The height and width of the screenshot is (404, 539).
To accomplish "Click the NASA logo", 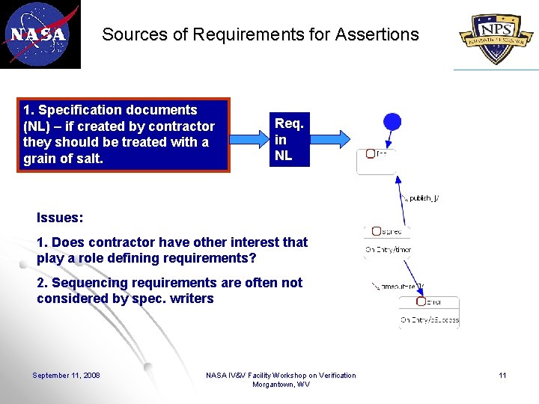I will point(39,34).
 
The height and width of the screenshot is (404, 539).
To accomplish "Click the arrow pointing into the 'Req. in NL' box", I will point(249,138).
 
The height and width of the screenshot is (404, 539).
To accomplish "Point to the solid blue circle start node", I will point(392,121).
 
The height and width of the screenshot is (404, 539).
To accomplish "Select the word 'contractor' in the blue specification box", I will point(181,126).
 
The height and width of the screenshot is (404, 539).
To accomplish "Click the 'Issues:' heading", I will point(60,218).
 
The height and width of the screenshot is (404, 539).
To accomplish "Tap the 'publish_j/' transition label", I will point(421,198).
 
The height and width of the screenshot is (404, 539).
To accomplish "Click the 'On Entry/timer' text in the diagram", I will point(388,250).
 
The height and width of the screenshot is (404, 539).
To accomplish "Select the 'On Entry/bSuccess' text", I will point(429,320).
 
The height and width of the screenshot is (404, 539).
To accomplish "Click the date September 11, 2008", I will point(66,375).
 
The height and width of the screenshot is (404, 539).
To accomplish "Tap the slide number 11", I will point(502,375).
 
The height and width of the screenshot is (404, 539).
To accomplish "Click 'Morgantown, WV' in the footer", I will point(281,385).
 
